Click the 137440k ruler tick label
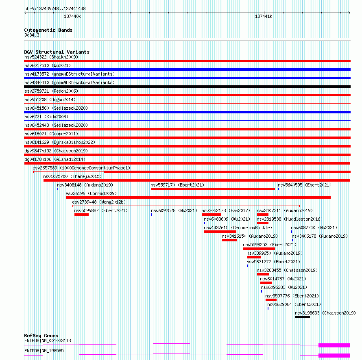(x=72, y=17)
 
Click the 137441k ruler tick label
(x=264, y=17)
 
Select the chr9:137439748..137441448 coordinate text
(x=55, y=9)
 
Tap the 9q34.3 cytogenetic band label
(x=32, y=35)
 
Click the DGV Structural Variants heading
(x=57, y=52)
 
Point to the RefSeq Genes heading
(x=41, y=336)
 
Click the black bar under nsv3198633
(x=302, y=317)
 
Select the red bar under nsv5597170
(x=213, y=189)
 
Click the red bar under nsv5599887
(x=81, y=215)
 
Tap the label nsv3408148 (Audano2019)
(x=85, y=185)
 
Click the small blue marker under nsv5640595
(x=279, y=189)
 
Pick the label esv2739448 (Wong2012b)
(x=99, y=202)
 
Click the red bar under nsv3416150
(x=229, y=240)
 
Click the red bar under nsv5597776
(x=271, y=300)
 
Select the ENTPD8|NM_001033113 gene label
(x=48, y=340)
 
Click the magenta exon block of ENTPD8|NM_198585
(x=334, y=356)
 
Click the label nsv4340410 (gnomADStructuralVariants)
(x=69, y=82)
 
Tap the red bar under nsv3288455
(x=263, y=274)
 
